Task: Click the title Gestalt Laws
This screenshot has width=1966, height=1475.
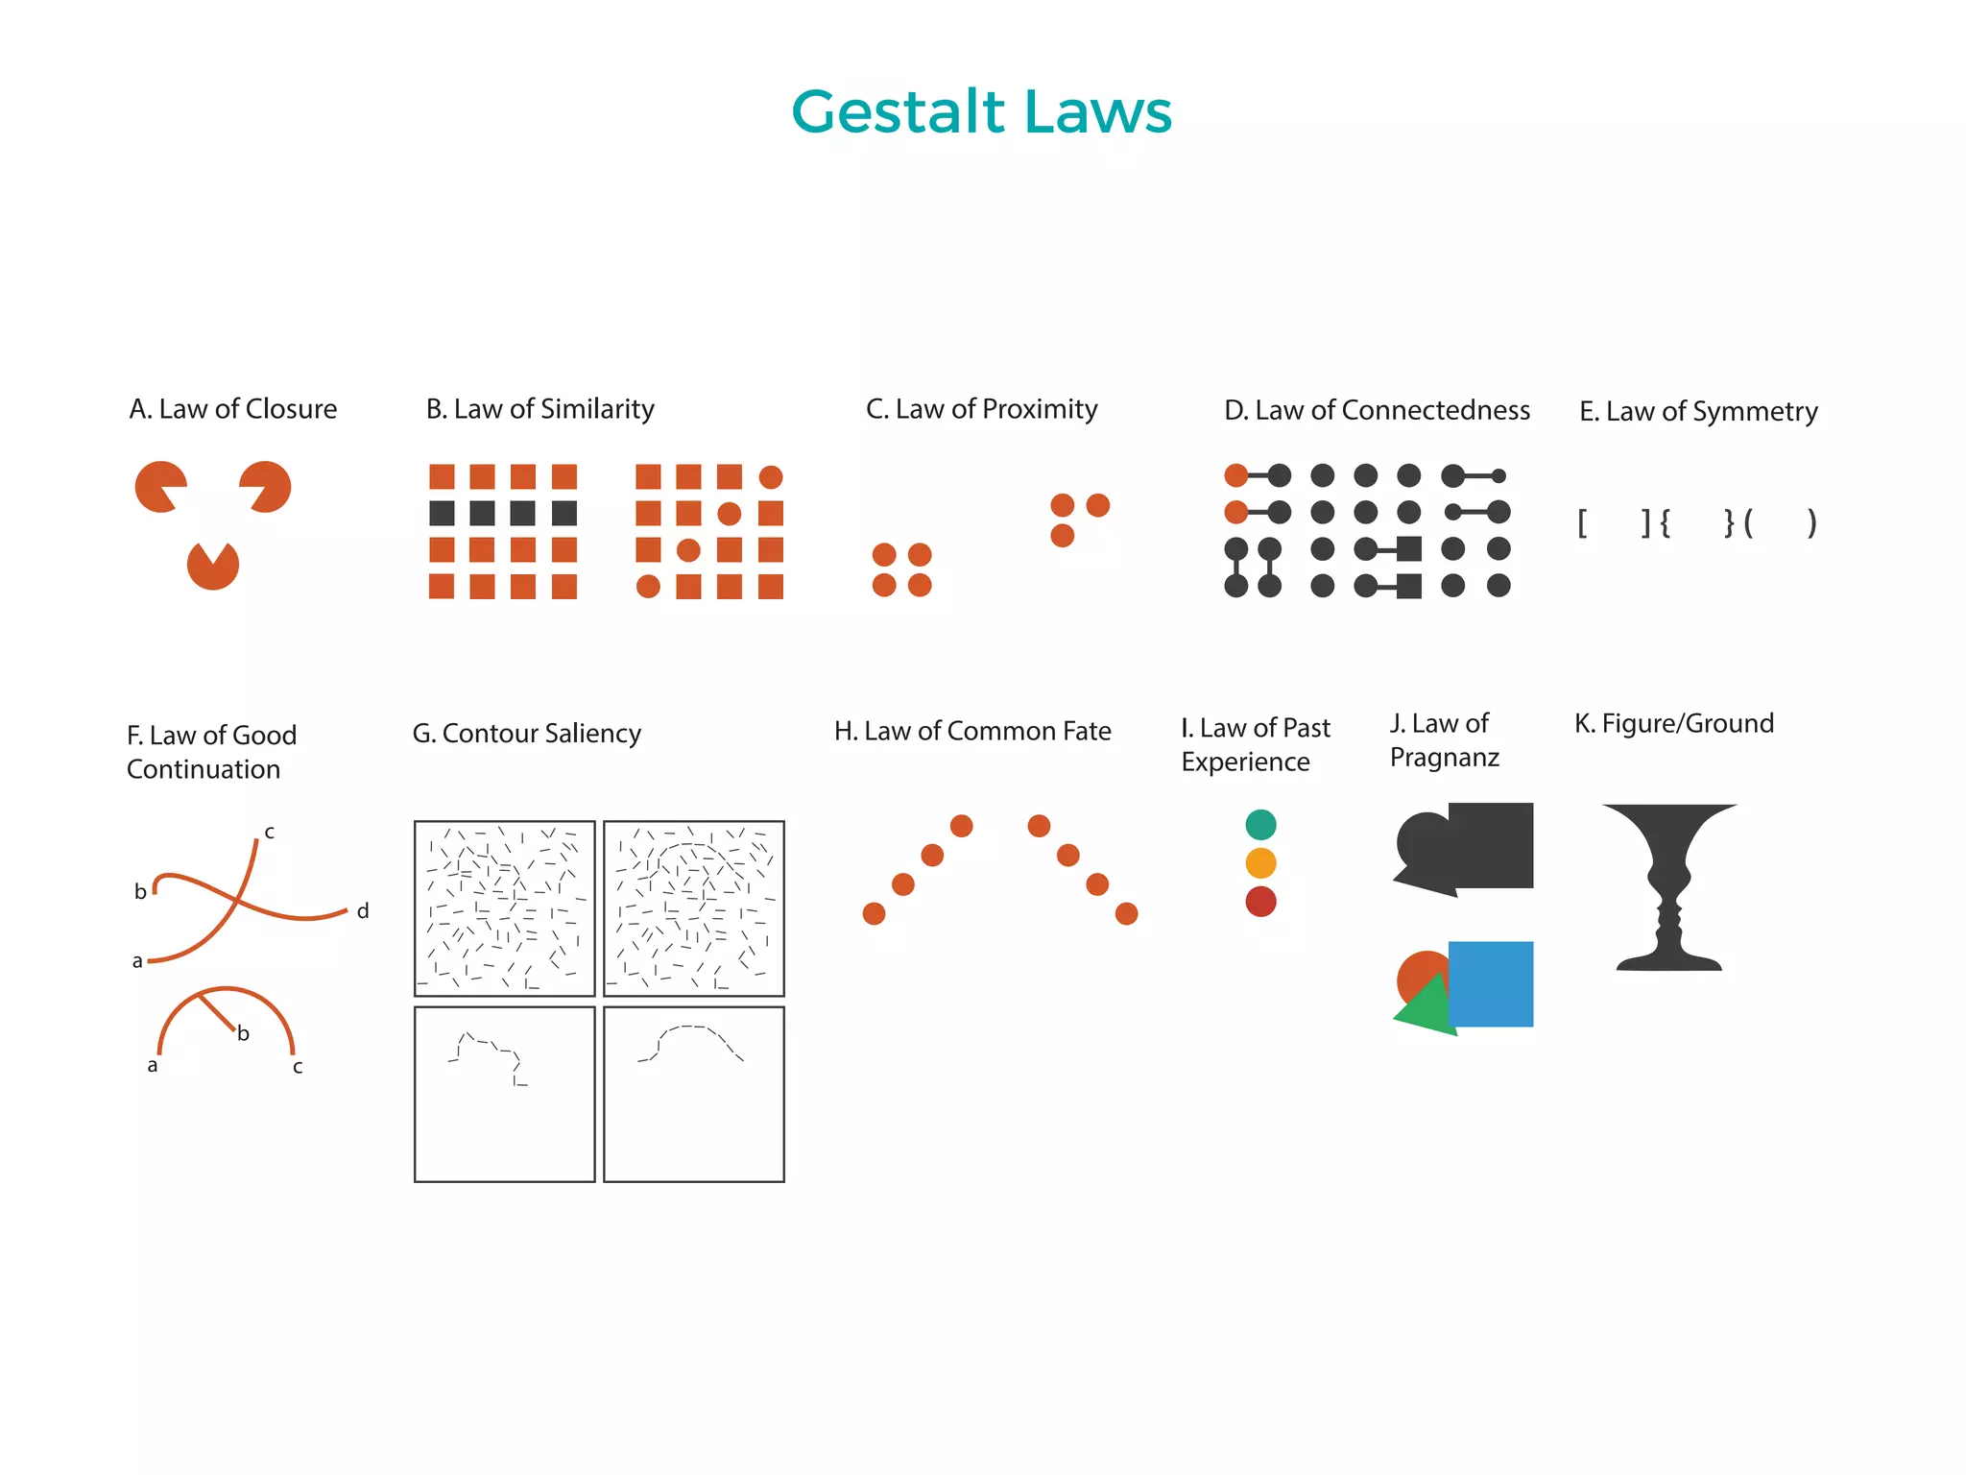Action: [x=981, y=112]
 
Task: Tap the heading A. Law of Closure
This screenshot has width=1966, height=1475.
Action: [x=233, y=409]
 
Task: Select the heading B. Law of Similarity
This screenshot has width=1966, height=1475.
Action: [x=539, y=409]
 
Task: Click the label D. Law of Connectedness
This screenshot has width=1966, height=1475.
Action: [x=1377, y=410]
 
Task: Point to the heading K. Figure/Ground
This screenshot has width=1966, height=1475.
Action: [x=1673, y=723]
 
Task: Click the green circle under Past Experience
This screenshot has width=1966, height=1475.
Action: [x=1260, y=825]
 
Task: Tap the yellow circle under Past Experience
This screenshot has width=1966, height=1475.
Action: [x=1260, y=863]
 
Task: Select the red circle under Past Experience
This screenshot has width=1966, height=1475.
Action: [x=1260, y=902]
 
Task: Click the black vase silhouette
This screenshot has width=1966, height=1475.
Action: [x=1668, y=883]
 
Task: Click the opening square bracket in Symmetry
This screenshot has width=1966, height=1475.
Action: [x=1582, y=523]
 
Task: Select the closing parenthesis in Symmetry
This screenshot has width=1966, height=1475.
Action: [x=1811, y=523]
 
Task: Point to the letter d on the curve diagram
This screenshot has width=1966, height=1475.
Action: [x=363, y=911]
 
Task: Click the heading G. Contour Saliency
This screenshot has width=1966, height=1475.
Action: [x=526, y=734]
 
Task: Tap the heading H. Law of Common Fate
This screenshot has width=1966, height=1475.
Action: [x=972, y=732]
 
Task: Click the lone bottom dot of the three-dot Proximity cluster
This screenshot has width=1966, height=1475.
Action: [x=1062, y=536]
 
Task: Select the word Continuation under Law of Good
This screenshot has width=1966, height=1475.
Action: [x=204, y=769]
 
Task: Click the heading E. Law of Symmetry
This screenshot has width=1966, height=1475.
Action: [x=1698, y=412]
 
